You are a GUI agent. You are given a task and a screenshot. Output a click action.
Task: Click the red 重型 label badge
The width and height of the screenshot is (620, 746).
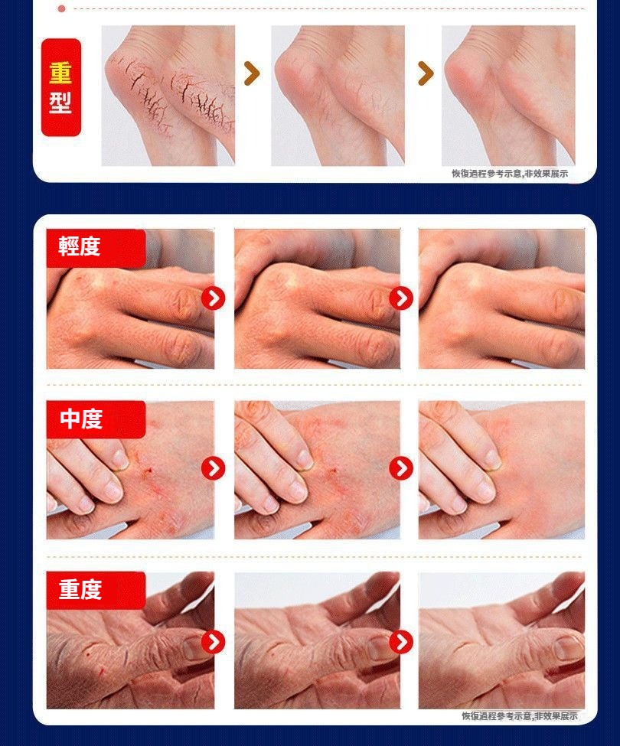pos(61,87)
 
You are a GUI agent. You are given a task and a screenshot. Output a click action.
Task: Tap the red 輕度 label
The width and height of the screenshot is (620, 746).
pos(96,248)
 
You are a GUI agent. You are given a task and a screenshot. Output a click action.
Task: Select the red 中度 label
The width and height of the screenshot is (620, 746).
pos(96,419)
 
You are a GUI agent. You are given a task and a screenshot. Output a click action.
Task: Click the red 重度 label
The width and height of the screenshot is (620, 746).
pos(96,590)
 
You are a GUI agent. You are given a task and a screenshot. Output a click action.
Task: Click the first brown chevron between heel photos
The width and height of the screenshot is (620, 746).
pos(252,73)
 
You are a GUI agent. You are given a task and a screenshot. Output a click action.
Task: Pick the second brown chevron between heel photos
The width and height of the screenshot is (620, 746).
pos(426,73)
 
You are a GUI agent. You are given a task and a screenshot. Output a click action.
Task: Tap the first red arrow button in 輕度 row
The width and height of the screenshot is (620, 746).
pos(213,298)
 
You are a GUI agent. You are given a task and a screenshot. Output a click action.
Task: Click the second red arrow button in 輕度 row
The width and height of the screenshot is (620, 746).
pos(401,298)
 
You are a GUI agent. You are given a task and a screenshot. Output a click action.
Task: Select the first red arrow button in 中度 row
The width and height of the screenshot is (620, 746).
pos(213,468)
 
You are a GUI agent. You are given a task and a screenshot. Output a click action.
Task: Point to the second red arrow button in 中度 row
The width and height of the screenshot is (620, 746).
pos(401,468)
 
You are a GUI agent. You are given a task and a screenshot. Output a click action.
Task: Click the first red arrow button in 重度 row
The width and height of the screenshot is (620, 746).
pos(213,642)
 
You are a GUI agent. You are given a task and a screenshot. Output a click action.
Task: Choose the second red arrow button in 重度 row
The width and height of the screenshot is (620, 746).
pos(401,642)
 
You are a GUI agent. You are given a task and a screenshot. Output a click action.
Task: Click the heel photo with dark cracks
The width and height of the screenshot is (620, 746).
pos(168,96)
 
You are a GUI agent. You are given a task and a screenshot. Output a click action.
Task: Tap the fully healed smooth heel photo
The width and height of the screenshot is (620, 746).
pos(508,96)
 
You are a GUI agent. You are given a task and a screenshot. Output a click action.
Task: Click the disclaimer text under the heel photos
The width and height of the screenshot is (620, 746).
pos(510,174)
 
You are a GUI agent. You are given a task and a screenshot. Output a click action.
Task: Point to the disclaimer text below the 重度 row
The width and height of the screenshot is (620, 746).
pos(520,715)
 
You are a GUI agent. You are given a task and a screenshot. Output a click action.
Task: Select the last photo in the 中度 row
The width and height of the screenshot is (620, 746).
pos(501,470)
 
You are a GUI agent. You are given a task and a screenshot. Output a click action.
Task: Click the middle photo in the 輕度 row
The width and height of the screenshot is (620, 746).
pos(317,298)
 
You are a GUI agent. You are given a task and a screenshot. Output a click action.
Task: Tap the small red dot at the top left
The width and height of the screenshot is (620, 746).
pos(61,8)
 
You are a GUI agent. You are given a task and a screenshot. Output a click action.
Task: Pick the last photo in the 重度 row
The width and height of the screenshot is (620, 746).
pos(501,640)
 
